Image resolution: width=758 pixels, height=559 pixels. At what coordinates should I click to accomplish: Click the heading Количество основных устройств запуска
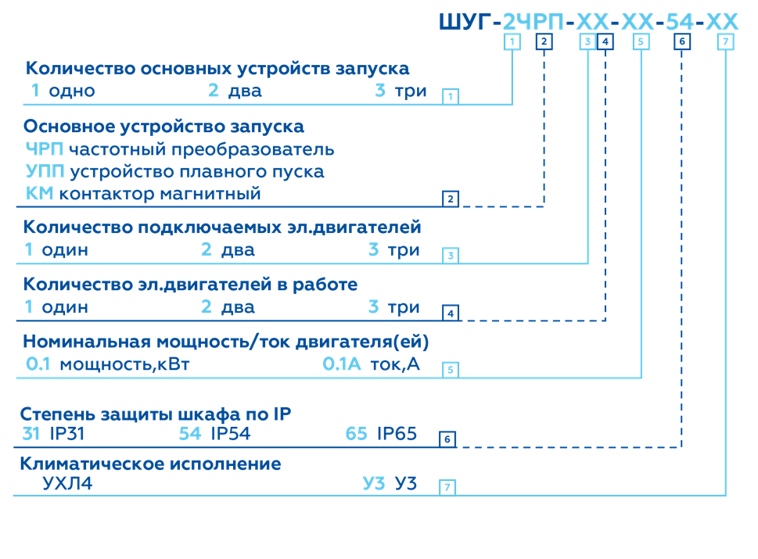[x=217, y=69]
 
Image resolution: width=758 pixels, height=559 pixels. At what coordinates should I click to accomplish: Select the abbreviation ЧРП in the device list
[x=44, y=149]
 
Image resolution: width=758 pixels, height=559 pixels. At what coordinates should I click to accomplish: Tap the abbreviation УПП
[x=45, y=171]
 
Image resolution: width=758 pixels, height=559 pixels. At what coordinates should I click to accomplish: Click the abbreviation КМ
[x=39, y=193]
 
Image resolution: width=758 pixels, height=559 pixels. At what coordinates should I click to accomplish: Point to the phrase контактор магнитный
[x=160, y=193]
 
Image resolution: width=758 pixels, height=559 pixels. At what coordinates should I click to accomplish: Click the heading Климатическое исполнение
[x=150, y=464]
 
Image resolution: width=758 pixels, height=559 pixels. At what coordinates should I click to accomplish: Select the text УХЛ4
[x=67, y=484]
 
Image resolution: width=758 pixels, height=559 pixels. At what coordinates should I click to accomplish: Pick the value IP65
[x=397, y=434]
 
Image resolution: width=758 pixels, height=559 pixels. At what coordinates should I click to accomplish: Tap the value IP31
[x=67, y=434]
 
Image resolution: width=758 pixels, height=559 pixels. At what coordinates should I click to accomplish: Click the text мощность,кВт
[x=124, y=364]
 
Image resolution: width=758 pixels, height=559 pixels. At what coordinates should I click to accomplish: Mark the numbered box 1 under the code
[x=512, y=42]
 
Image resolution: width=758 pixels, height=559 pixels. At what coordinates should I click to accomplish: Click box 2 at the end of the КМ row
[x=450, y=199]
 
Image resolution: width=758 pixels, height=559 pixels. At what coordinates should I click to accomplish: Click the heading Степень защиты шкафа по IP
[x=156, y=414]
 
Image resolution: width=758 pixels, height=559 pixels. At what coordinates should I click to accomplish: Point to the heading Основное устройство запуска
[x=163, y=127]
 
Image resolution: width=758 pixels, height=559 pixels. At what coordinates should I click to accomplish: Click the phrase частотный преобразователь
[x=201, y=149]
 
